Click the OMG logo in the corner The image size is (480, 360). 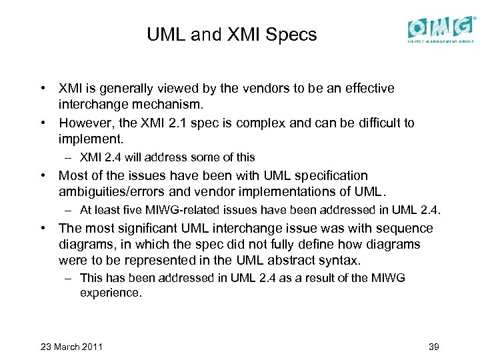tap(441, 29)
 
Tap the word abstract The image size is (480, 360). tap(289, 260)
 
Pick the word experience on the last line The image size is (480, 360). tap(111, 292)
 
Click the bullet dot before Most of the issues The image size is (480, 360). tap(43, 175)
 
